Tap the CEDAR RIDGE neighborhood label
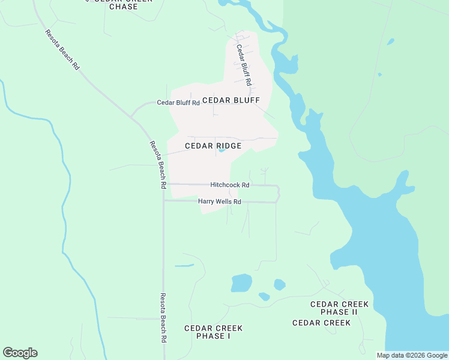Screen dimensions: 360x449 (213, 146)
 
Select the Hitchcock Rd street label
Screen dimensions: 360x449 (229, 185)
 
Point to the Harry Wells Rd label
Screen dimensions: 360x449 (220, 202)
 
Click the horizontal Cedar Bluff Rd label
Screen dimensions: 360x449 (178, 103)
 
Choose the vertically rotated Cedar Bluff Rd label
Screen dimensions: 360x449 (243, 65)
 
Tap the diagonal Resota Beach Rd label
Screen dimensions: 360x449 (62, 50)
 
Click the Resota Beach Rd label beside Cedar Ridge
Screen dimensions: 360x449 (157, 164)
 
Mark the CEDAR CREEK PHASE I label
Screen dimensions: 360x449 (213, 332)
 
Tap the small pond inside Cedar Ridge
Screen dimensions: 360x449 (221, 150)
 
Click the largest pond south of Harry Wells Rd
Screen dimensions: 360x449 (241, 283)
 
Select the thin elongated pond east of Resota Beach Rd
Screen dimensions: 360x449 (184, 265)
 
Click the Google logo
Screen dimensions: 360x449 (20, 353)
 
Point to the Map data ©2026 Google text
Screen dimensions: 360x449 (412, 355)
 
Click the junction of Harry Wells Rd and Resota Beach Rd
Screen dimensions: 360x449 (164, 201)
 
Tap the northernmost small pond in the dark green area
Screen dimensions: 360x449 (391, 42)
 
